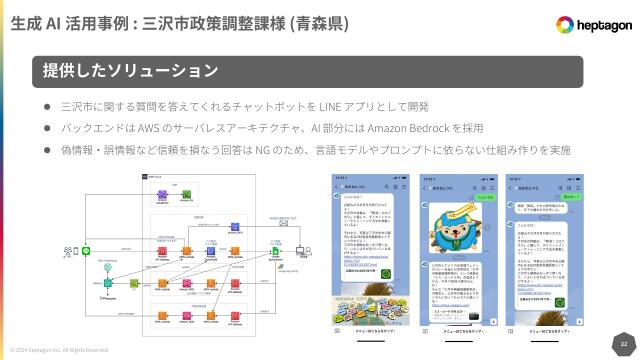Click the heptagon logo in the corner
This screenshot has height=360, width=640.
[x=588, y=24]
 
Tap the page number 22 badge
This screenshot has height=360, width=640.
[x=623, y=342]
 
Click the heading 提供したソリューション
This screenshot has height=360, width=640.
[x=130, y=71]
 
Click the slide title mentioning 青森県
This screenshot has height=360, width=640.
[x=180, y=23]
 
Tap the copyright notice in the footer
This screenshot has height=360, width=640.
[x=59, y=350]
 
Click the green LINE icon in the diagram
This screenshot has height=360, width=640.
[x=86, y=251]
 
